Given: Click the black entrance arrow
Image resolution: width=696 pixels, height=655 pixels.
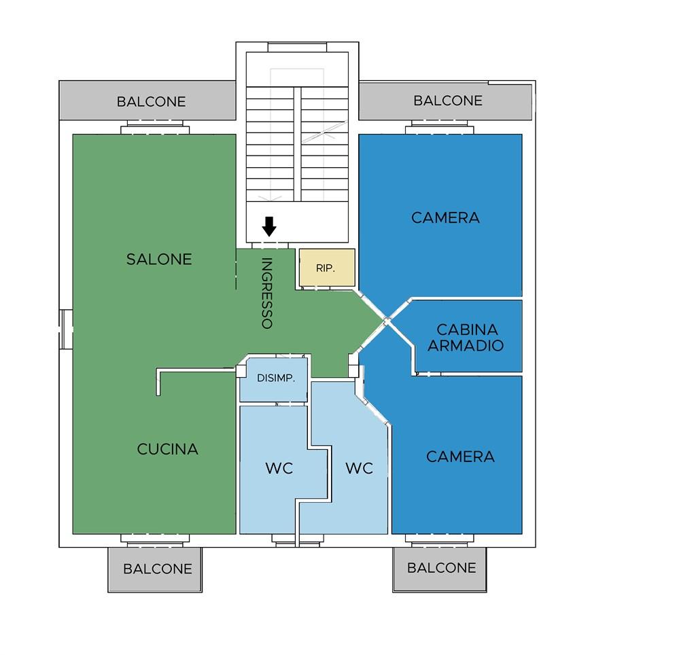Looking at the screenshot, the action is coord(269,226).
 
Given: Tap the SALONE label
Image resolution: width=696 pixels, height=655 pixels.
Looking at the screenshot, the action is coord(159,259).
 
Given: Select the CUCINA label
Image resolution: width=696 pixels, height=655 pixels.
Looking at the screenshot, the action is coord(167,449).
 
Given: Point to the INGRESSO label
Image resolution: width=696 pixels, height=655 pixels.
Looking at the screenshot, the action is coord(266,294).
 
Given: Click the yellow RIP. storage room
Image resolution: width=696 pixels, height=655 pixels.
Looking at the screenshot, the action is coord(327,268).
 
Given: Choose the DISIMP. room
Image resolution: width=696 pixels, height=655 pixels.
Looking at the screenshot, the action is coord(274,379).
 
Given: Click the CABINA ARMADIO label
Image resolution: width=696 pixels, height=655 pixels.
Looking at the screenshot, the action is coord(466,337).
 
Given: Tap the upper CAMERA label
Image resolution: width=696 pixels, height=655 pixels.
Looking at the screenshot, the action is coord(445,218).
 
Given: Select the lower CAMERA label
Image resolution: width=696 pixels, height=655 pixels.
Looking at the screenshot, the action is coord(460,457).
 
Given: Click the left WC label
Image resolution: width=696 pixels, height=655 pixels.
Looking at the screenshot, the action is coord(279,468).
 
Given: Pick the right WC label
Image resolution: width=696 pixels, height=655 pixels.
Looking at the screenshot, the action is coord(359,468).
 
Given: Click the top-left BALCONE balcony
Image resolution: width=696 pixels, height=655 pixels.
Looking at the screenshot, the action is coord(147,101).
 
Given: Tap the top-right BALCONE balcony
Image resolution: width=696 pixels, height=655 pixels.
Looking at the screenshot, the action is coord(445,101).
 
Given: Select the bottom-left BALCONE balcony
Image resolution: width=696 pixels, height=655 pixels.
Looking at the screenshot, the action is coord(155,569).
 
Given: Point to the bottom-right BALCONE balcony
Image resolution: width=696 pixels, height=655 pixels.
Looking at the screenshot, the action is coord(440,569).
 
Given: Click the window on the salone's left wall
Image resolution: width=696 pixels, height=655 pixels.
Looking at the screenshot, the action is coord(66,329).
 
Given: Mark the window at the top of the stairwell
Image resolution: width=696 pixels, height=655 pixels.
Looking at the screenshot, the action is coord(298,47).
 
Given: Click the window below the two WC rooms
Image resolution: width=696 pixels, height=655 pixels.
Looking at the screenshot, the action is coord(298,540).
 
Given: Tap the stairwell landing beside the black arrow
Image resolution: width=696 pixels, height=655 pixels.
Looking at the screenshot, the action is coord(298,223).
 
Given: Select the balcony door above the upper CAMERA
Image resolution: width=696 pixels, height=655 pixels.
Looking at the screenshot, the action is coord(440,127).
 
